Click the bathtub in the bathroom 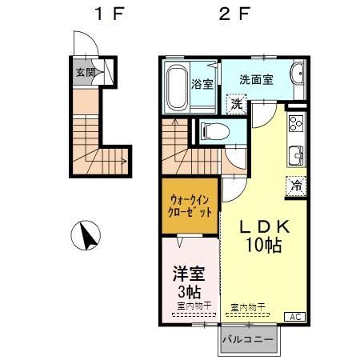pos(176,84)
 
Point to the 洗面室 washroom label pos(257,79)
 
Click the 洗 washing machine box pos(235,103)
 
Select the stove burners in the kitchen pos(295,123)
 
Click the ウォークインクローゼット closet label pos(191,207)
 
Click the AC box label pos(295,317)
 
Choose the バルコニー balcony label pos(249,340)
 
